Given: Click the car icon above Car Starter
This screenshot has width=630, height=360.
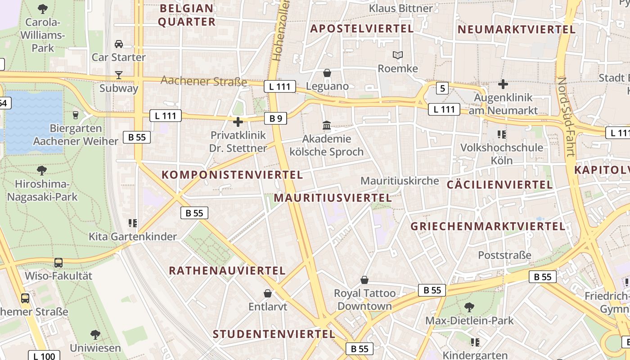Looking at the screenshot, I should click(119, 44).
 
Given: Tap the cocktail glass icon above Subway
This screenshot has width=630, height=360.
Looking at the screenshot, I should click(119, 75).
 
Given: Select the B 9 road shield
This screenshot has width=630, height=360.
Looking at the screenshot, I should click(275, 118).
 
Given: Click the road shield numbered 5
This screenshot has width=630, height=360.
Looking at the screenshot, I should click(443, 88).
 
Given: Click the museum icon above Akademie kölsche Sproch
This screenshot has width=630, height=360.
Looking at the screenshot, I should click(327, 125).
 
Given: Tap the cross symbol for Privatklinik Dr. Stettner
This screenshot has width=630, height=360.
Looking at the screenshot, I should click(238, 121).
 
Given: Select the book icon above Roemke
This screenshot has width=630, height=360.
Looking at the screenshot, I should click(398, 55).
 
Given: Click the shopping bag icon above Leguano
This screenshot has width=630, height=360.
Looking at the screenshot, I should click(327, 73).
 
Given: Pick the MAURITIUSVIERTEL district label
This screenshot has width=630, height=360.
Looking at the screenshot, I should click(333, 198).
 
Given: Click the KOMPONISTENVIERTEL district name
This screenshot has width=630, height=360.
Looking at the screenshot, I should click(232, 175).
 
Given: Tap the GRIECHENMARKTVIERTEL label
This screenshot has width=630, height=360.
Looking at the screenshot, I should click(488, 226).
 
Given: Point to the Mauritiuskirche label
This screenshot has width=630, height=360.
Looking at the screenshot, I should click(400, 181).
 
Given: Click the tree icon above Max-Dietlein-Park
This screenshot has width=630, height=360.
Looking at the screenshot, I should click(469, 307).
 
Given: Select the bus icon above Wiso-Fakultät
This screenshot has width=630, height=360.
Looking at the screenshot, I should click(58, 263).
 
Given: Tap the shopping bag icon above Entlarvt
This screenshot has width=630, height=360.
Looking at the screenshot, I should click(268, 293).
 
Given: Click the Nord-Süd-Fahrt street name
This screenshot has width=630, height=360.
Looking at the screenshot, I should click(566, 117).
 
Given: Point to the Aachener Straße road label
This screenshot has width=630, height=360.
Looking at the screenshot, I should click(204, 81).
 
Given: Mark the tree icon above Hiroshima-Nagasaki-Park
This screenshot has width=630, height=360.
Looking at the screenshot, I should click(42, 171).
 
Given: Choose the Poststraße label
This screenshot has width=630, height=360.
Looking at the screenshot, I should click(504, 255).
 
